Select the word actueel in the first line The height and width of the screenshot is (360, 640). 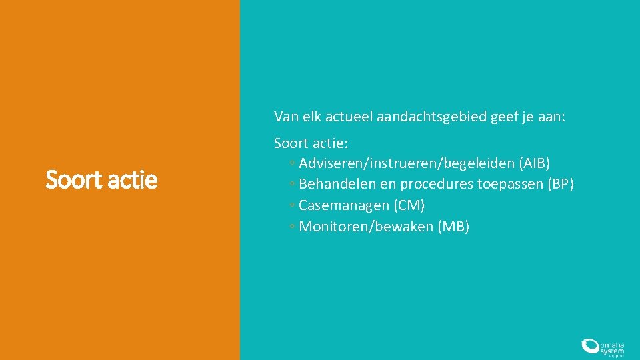click(349, 117)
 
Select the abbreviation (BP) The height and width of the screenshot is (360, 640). click(560, 184)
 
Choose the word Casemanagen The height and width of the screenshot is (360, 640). click(344, 205)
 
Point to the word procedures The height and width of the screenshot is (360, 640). click(437, 184)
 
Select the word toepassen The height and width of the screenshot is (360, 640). click(510, 184)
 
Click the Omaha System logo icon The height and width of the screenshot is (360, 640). click(590, 345)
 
